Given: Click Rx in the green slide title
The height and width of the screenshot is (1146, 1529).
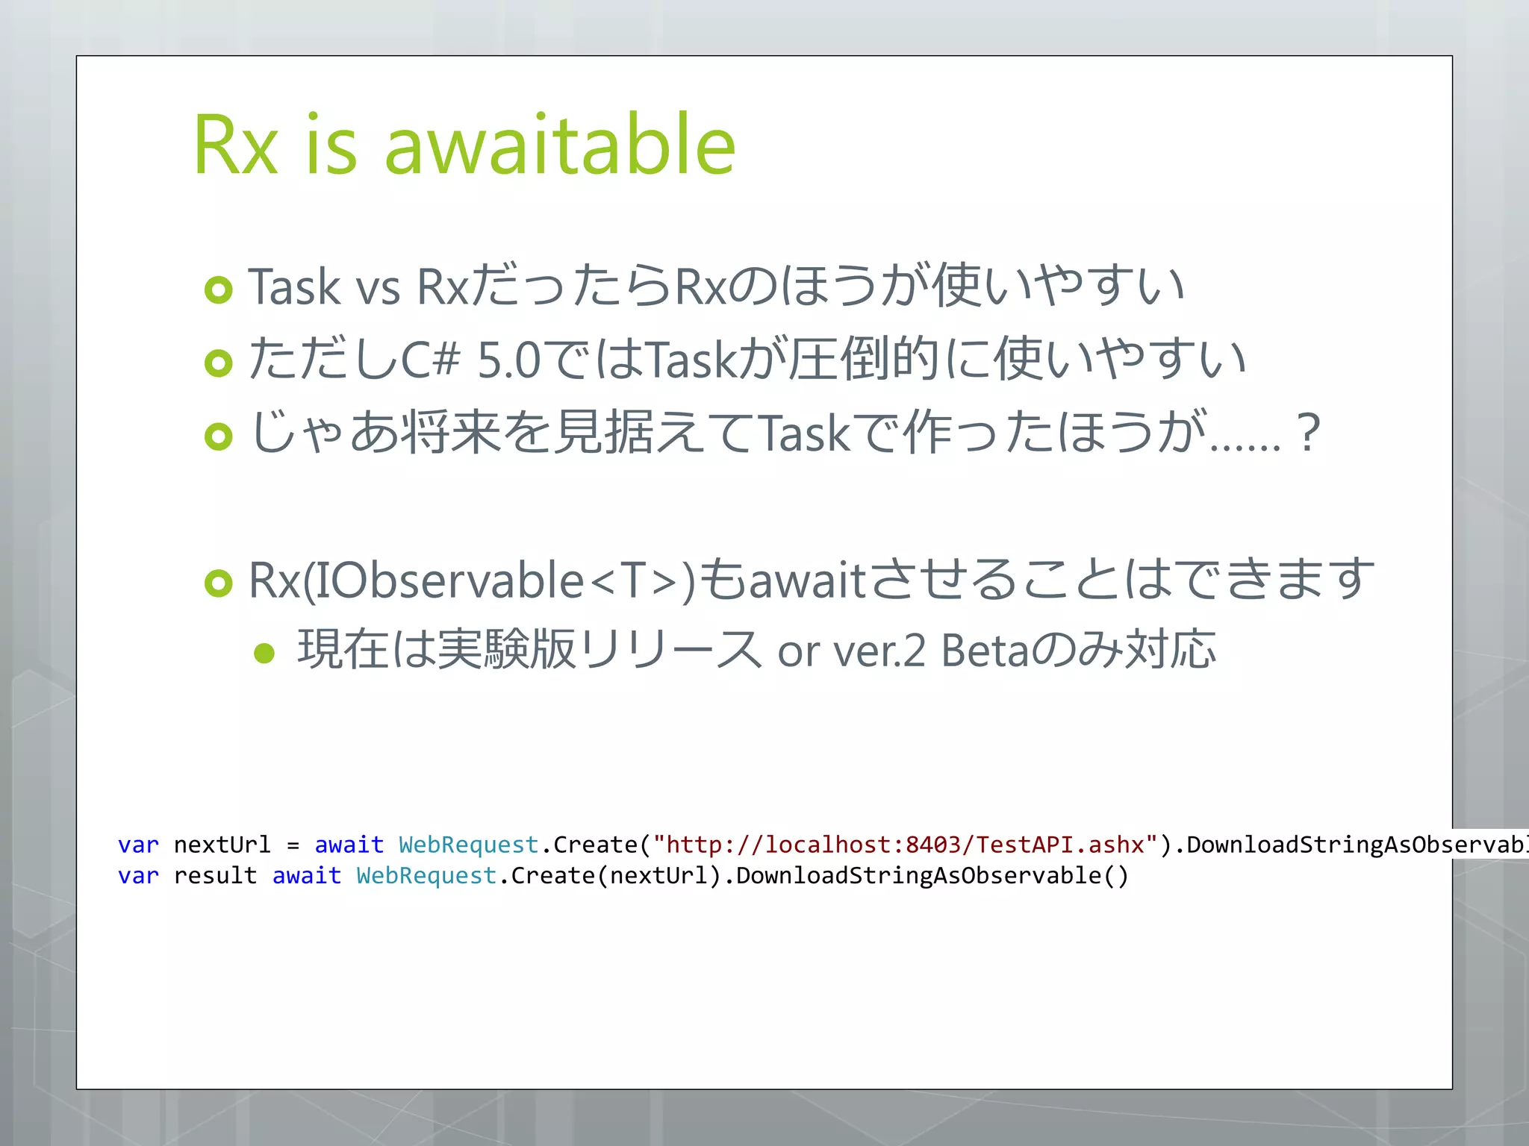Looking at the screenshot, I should (x=236, y=145).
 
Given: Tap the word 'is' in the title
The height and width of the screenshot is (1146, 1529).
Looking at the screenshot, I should (x=331, y=145).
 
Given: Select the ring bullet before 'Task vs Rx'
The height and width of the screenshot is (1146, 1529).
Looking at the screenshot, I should (x=219, y=289).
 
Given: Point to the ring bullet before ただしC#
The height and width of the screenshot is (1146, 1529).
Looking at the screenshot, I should (x=219, y=363).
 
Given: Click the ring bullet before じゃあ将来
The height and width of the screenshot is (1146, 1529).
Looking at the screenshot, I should (x=219, y=436).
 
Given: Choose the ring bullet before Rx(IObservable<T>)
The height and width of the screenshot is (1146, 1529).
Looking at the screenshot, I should (x=219, y=583).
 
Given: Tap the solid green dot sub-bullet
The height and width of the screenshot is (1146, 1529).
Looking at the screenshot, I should (x=264, y=654).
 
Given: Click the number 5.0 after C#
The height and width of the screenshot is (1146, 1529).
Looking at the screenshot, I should (x=508, y=360).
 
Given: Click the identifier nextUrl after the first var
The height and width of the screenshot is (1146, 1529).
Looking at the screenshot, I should (x=222, y=845).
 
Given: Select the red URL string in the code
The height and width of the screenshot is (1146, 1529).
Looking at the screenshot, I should (x=905, y=845).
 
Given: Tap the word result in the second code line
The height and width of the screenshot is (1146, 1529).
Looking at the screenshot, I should (x=215, y=875).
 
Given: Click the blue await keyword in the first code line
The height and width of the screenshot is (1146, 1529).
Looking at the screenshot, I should (x=349, y=845).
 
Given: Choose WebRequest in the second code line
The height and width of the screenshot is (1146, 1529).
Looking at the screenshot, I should (x=426, y=875).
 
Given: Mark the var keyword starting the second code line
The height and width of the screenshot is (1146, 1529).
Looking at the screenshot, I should (x=138, y=875).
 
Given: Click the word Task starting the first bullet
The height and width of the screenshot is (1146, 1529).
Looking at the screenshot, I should (x=294, y=287).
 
